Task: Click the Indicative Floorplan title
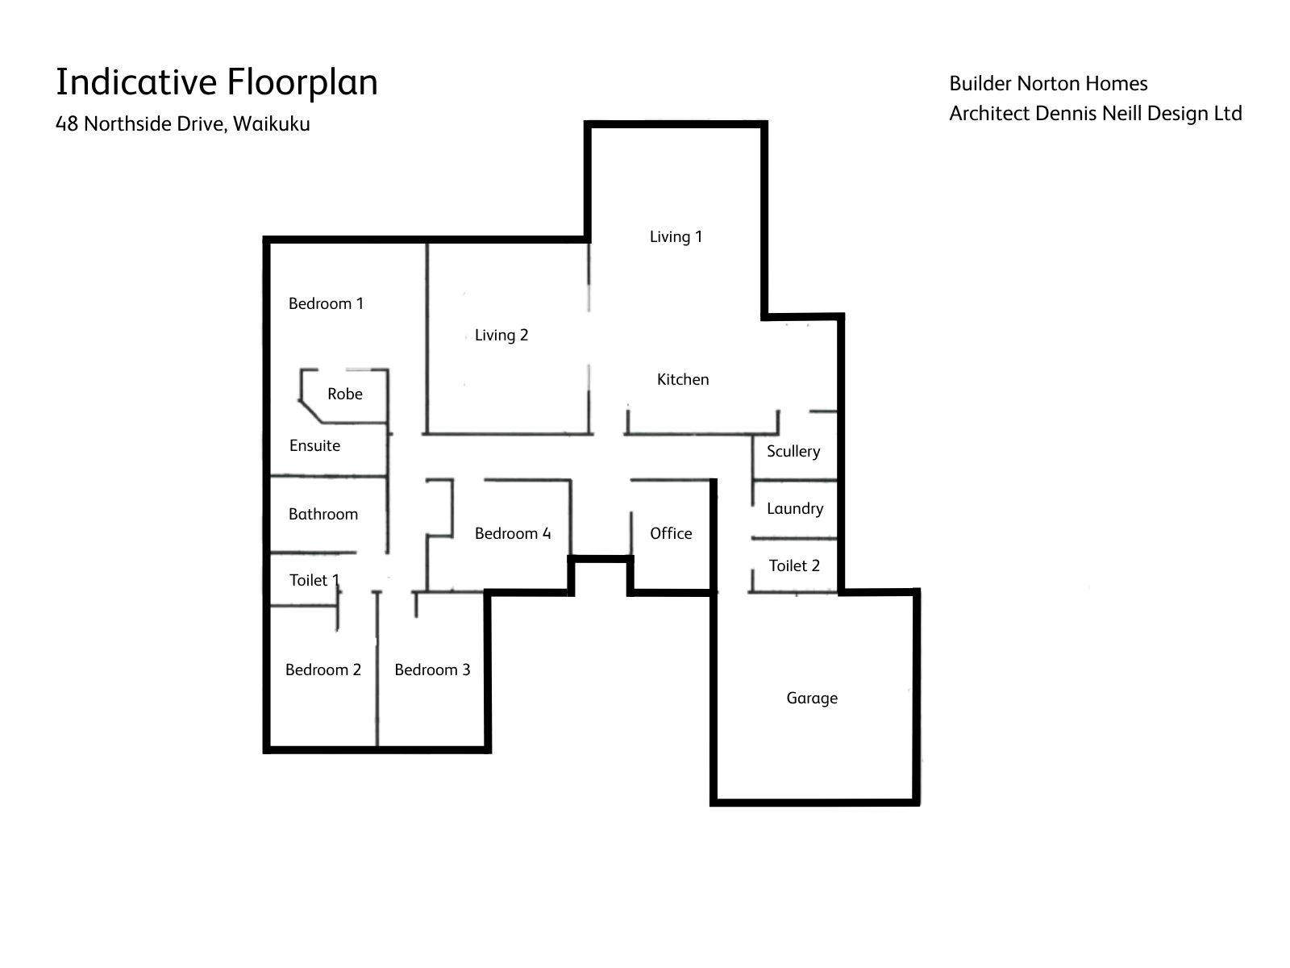216,82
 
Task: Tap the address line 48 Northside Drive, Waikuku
183,124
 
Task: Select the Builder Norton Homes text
1048,83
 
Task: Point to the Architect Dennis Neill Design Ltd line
1096,114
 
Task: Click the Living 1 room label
676,236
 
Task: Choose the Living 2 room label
501,335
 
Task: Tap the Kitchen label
683,380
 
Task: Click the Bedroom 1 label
327,303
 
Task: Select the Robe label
345,394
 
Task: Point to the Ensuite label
315,445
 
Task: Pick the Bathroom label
323,515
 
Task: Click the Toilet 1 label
315,580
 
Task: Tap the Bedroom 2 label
323,670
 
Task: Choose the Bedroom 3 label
432,670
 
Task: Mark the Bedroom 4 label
513,533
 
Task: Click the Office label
671,533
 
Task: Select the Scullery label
793,452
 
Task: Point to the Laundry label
795,509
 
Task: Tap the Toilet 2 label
795,565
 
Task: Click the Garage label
812,699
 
